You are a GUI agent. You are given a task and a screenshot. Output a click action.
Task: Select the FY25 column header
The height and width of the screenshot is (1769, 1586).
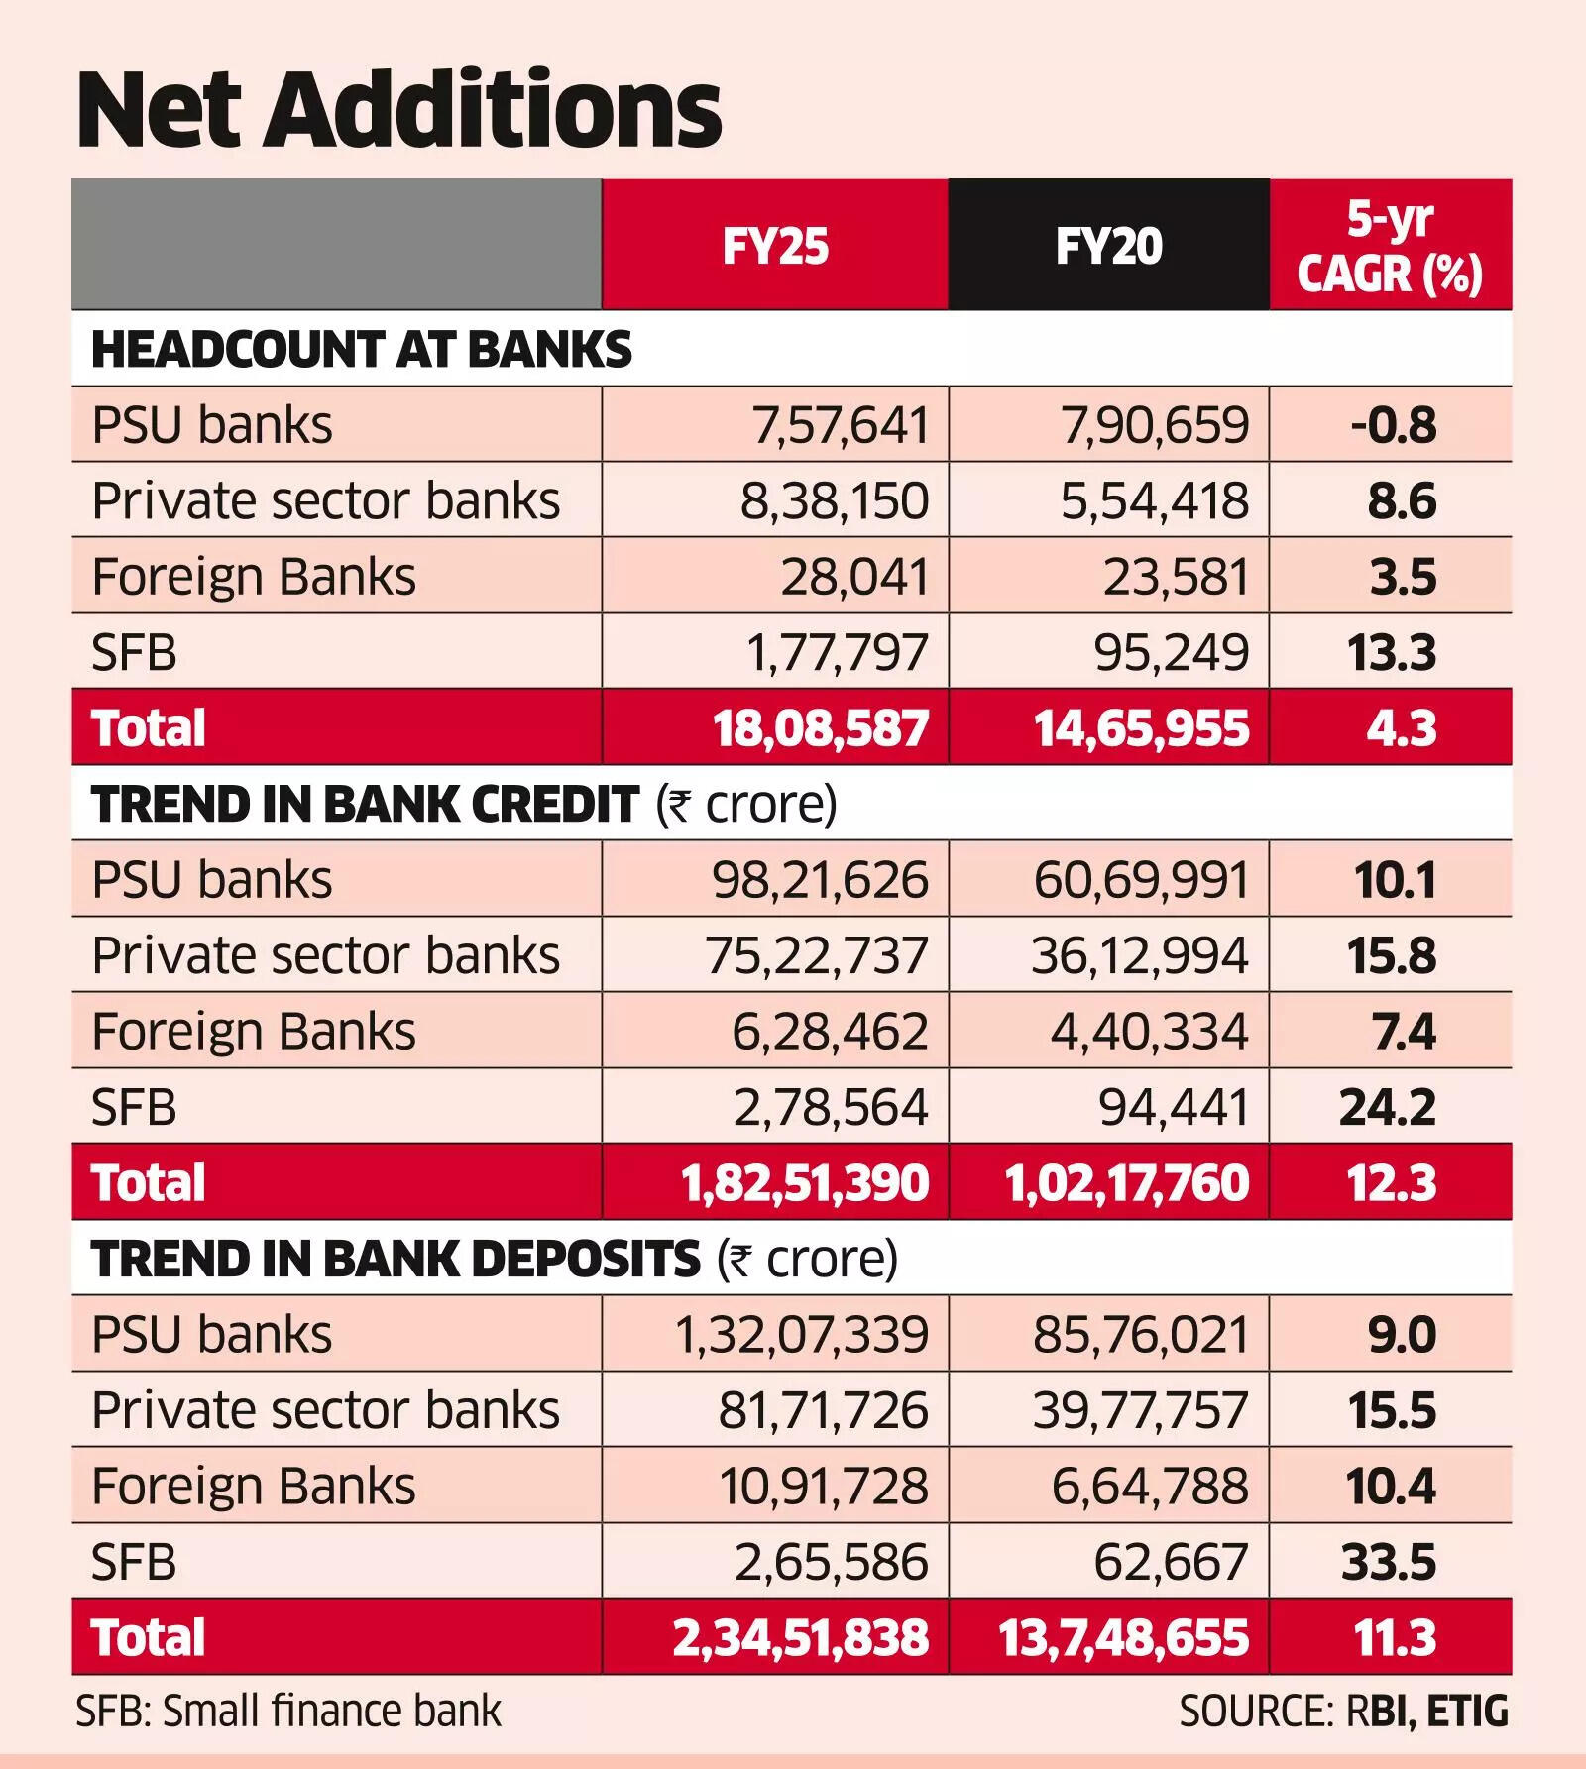pos(775,246)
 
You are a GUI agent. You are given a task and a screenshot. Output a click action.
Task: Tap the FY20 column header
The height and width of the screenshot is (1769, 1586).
pos(1108,246)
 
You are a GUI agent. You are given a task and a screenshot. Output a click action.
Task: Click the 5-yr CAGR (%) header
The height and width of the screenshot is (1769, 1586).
pos(1390,246)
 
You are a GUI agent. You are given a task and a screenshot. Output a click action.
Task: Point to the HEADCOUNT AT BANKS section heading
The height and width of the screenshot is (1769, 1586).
pos(361,350)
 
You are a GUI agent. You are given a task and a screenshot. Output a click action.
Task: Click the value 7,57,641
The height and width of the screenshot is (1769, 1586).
pos(840,425)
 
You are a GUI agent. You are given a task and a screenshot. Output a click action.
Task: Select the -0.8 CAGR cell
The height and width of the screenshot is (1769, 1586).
pos(1393,425)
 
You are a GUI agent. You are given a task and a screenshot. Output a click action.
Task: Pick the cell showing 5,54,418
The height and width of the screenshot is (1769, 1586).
pos(1154,500)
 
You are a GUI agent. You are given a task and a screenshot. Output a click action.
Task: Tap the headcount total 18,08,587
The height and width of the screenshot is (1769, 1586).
pos(821,728)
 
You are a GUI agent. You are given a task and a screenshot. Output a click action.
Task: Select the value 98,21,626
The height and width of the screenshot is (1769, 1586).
pos(820,880)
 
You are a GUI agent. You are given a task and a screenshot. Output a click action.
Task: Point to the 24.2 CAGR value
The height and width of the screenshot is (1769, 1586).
pos(1388,1107)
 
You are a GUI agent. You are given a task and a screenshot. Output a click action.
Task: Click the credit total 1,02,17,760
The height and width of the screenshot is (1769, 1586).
pos(1127,1183)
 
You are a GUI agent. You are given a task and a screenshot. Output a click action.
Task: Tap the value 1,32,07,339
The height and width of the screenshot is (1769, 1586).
pos(801,1335)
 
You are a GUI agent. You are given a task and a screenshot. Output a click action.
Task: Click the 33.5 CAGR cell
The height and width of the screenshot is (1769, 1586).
pos(1389,1562)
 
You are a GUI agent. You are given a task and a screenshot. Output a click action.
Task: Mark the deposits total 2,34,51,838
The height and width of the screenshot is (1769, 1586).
pos(801,1637)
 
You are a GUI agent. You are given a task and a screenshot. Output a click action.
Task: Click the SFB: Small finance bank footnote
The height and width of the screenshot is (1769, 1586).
pos(288,1712)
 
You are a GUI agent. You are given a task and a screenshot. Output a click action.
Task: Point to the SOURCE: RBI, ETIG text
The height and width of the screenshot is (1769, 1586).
pos(1343,1712)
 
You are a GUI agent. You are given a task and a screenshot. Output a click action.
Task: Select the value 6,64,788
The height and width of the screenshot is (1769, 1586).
pos(1149,1487)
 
